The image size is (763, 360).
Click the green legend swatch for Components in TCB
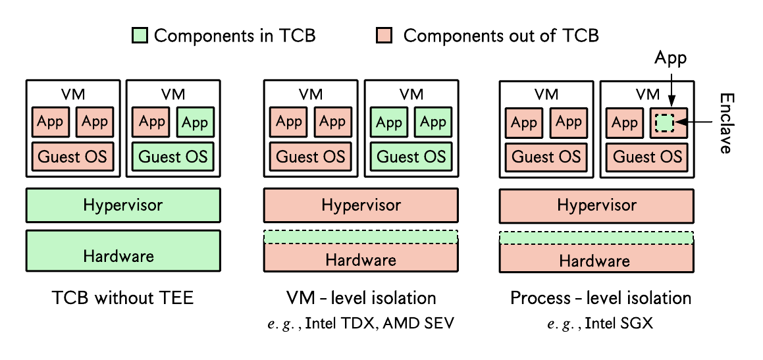point(139,36)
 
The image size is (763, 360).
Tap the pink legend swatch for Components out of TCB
point(384,36)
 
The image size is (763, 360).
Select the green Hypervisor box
point(123,205)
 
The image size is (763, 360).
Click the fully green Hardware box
point(123,251)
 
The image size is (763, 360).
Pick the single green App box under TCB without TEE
point(195,122)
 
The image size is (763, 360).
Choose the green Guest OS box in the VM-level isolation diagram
point(411,157)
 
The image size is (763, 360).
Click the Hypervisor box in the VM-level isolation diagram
point(361,205)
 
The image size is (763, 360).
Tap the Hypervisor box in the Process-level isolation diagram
point(596,205)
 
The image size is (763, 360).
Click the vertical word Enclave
point(726,123)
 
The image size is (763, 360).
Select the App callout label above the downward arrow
point(670,58)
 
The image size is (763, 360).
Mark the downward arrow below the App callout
point(671,88)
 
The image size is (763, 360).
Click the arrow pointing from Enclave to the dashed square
point(696,122)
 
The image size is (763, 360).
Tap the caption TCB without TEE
point(123,297)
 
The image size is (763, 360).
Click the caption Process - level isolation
point(600,297)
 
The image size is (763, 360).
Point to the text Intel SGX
point(618,324)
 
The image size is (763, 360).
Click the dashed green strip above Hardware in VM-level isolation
point(361,236)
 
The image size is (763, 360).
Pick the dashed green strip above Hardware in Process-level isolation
point(596,238)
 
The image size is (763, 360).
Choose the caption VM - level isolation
point(361,297)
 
